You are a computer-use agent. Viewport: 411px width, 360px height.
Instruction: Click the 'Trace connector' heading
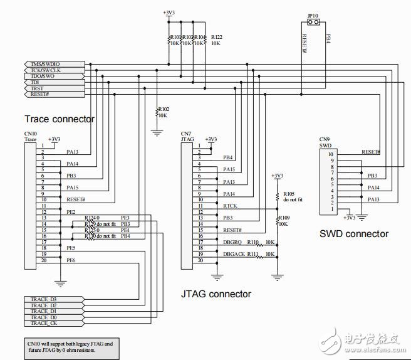[60, 119]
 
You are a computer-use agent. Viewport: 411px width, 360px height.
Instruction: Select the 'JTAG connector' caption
[216, 294]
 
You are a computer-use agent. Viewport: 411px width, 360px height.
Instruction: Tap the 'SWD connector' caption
[355, 234]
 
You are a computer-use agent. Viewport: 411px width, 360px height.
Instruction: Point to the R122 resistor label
[217, 36]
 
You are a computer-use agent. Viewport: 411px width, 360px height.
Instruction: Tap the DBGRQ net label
[232, 241]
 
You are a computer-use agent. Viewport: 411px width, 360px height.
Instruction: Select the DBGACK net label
[233, 254]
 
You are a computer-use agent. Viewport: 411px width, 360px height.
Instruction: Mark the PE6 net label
[71, 260]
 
